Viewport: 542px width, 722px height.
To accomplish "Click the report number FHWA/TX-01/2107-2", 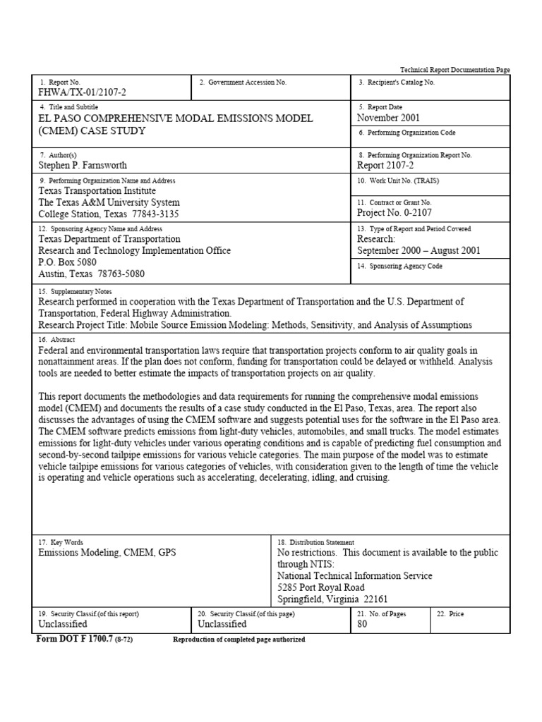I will point(83,92).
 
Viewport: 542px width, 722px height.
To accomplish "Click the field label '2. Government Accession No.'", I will point(243,82).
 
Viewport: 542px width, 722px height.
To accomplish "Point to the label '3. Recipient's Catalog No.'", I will point(396,82).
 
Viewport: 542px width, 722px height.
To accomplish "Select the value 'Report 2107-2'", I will point(387,165).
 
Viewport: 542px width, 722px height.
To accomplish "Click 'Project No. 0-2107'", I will point(395,212).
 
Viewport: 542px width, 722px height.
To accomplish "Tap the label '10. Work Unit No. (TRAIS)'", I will point(398,180).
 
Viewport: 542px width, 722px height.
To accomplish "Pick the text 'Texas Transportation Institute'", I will point(97,190).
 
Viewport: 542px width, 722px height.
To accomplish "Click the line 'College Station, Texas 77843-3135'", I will point(109,214).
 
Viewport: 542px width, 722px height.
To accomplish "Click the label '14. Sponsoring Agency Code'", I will point(400,267).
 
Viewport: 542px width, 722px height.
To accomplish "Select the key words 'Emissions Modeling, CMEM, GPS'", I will point(107,553).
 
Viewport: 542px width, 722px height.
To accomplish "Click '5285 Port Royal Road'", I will point(321,587).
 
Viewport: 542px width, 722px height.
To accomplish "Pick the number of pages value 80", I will point(363,624).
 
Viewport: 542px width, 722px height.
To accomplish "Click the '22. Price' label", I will point(450,614).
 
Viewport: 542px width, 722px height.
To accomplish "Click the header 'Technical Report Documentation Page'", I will point(455,70).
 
